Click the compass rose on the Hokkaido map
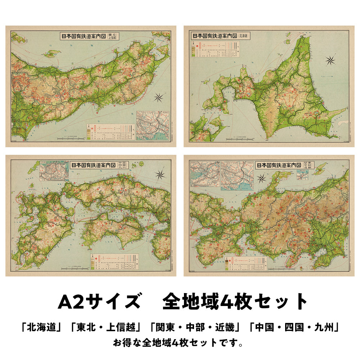[x=330, y=61]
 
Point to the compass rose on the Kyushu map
[x=160, y=175]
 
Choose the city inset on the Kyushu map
[x=54, y=171]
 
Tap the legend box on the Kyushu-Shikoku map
[x=119, y=261]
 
